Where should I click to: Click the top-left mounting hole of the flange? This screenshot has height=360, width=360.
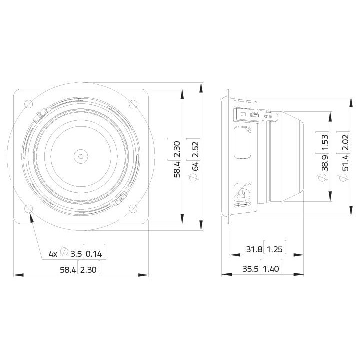(28, 104)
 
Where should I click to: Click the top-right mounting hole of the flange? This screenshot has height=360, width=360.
(133, 104)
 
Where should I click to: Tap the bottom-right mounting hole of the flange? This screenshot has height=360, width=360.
(133, 208)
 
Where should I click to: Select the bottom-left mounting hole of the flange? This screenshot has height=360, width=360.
(28, 209)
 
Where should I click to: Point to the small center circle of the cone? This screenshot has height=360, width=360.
(81, 156)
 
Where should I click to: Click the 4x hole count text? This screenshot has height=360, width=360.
(53, 254)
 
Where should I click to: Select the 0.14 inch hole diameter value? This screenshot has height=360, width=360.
(94, 254)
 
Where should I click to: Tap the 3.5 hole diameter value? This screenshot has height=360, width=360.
(76, 254)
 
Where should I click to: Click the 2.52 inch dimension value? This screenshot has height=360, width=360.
(196, 149)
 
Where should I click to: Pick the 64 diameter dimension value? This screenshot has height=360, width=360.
(196, 166)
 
